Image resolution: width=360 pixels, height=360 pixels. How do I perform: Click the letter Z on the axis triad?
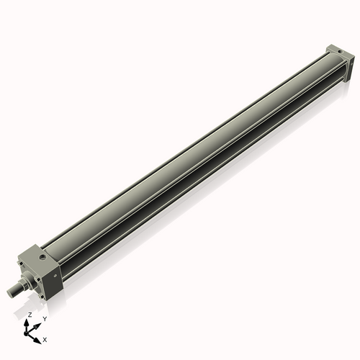pyautogui.click(x=30, y=315)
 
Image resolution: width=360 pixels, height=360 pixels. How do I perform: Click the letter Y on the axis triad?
pyautogui.click(x=44, y=318)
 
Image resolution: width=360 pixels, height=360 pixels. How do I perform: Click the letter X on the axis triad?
pyautogui.click(x=45, y=338)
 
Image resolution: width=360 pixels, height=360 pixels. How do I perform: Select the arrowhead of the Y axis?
pyautogui.click(x=39, y=323)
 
